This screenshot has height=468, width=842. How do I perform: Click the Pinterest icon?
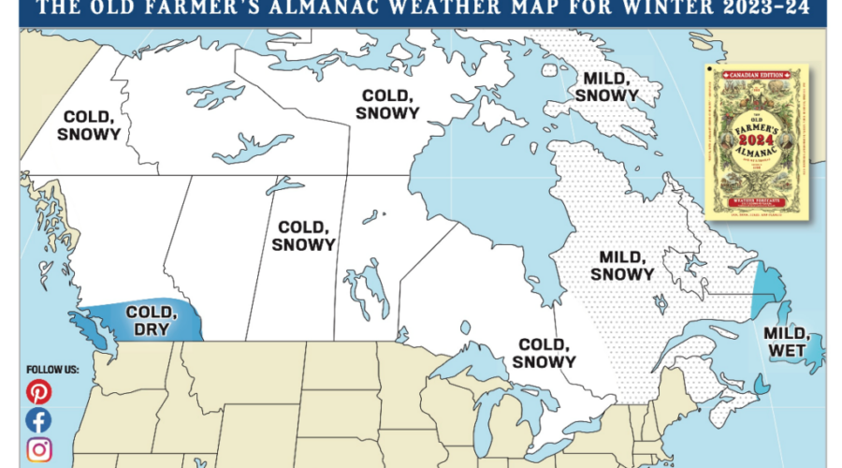pyautogui.click(x=38, y=392)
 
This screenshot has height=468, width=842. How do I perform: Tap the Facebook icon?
pyautogui.click(x=38, y=420)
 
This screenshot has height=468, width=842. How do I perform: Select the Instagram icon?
pyautogui.click(x=38, y=449)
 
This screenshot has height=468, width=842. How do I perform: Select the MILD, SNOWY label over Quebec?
pyautogui.click(x=622, y=265)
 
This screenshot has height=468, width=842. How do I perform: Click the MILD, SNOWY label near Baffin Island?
pyautogui.click(x=606, y=86)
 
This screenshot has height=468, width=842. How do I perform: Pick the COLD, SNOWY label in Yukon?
pyautogui.click(x=89, y=125)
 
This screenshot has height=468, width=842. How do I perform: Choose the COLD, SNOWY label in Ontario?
pyautogui.click(x=544, y=353)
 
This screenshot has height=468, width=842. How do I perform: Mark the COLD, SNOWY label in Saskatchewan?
pyautogui.click(x=303, y=235)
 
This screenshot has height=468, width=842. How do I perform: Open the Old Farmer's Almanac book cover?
pyautogui.click(x=755, y=143)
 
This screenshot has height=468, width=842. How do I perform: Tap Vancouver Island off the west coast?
pyautogui.click(x=94, y=328)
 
